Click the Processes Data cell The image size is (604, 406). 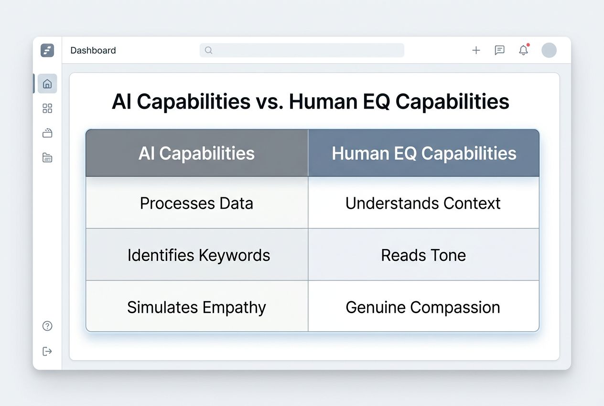pyautogui.click(x=196, y=203)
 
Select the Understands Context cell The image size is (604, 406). pyautogui.click(x=423, y=203)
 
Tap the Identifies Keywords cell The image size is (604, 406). pyautogui.click(x=198, y=255)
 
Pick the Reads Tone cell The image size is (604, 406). pyautogui.click(x=423, y=255)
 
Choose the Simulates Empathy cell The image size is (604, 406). pyautogui.click(x=196, y=307)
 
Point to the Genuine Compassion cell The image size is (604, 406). pyautogui.click(x=423, y=307)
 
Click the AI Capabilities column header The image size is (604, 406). pyautogui.click(x=196, y=153)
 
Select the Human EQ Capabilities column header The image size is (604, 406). pyautogui.click(x=424, y=153)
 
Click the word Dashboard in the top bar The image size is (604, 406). pyautogui.click(x=93, y=50)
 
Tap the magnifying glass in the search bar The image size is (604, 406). pyautogui.click(x=208, y=50)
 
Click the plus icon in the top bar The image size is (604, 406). pyautogui.click(x=476, y=50)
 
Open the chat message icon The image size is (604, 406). pyautogui.click(x=499, y=50)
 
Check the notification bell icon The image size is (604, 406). pyautogui.click(x=524, y=50)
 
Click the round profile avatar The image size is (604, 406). pyautogui.click(x=549, y=50)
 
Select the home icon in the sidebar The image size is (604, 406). pyautogui.click(x=47, y=84)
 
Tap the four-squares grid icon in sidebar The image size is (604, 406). pyautogui.click(x=47, y=109)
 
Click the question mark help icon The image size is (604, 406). pyautogui.click(x=47, y=326)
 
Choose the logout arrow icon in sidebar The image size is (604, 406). pyautogui.click(x=47, y=351)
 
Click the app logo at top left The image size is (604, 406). pyautogui.click(x=47, y=50)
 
